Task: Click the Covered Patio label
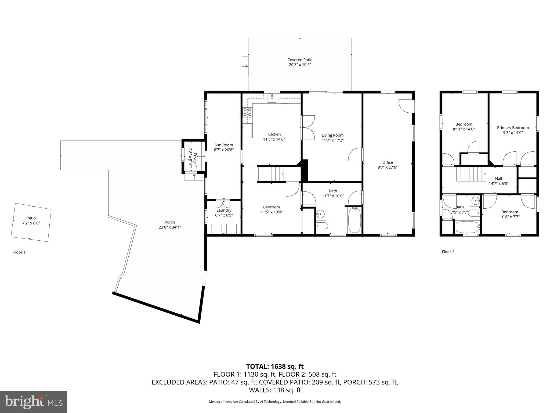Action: [x=300, y=60]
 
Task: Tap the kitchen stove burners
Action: [x=247, y=112]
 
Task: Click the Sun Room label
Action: [x=224, y=145]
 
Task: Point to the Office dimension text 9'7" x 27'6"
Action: [x=388, y=167]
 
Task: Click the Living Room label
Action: [x=332, y=135]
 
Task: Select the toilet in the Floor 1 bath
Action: [x=321, y=226]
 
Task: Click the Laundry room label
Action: [x=224, y=211]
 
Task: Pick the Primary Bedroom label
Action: [x=513, y=128]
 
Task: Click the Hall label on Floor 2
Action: [x=498, y=178]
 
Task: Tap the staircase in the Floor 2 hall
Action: [x=470, y=175]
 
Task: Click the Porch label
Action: [x=170, y=222]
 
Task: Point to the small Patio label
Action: [x=31, y=218]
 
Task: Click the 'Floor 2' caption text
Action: [x=448, y=252]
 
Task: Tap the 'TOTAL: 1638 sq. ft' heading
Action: [x=275, y=366]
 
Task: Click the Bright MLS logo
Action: [x=33, y=402]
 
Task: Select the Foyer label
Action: [x=195, y=158]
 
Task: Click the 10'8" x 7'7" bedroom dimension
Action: [x=509, y=217]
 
